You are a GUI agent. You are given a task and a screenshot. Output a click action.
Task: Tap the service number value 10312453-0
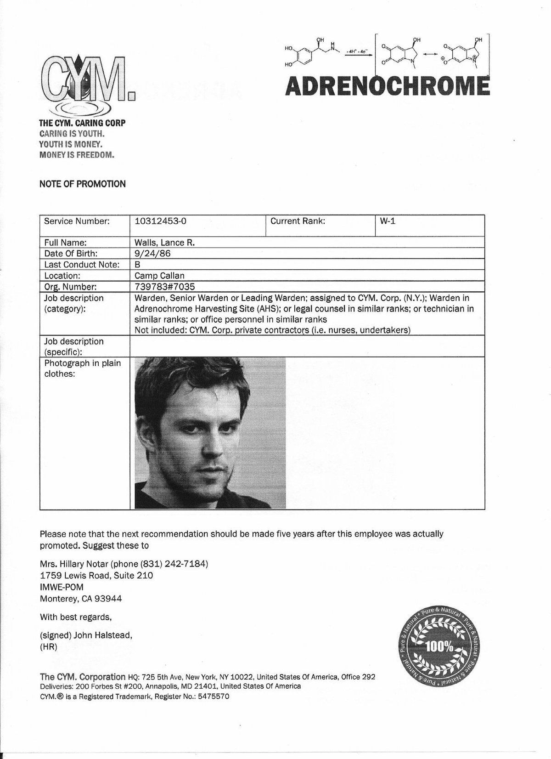[160, 221]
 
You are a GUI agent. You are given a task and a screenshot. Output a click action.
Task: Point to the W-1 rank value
[388, 221]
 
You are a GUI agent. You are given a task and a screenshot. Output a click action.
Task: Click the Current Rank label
[298, 221]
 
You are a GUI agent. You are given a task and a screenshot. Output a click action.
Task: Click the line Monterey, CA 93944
[81, 599]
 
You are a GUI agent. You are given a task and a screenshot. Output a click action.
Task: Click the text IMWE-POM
[62, 587]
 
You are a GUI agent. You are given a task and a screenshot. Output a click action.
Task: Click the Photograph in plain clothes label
[82, 368]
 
